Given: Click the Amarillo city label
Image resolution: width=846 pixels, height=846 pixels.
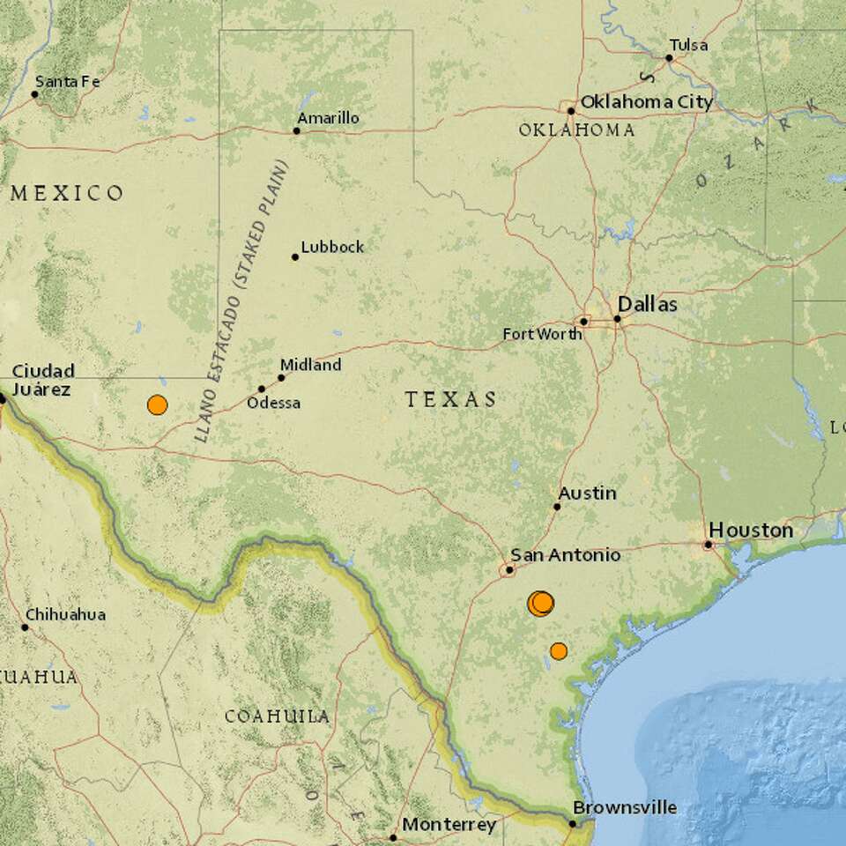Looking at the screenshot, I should click(x=328, y=118).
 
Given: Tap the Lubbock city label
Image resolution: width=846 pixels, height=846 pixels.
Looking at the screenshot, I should click(x=332, y=248).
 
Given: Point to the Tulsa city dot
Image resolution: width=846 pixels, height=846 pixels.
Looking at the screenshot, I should click(x=669, y=58).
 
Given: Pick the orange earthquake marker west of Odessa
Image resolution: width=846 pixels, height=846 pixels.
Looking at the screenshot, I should click(x=157, y=405).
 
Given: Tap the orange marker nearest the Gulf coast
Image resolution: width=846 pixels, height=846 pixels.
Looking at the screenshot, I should click(x=558, y=651).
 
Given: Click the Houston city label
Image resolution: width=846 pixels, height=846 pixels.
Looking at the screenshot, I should click(x=751, y=531).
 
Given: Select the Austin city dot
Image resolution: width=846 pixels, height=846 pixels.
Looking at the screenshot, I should click(x=557, y=507).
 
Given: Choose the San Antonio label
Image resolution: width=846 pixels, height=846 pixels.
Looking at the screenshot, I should click(x=566, y=555).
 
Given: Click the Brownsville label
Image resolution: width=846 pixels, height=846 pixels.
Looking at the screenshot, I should click(x=625, y=807).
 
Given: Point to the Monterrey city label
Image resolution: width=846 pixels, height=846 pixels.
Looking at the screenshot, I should click(x=449, y=825).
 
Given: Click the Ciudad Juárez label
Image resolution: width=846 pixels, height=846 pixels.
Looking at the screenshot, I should click(x=42, y=379).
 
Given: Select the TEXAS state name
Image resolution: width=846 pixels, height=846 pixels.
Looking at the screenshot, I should click(x=451, y=400).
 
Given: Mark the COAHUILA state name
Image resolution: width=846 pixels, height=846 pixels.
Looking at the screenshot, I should click(x=277, y=716).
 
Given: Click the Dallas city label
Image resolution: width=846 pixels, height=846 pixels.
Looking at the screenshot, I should click(x=653, y=305).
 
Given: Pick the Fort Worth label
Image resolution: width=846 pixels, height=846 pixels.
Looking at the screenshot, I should click(x=542, y=334).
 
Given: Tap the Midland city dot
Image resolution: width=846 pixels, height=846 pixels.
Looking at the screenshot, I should click(x=282, y=377).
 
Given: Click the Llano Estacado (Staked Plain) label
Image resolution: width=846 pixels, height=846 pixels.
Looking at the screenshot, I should click(x=239, y=300).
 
